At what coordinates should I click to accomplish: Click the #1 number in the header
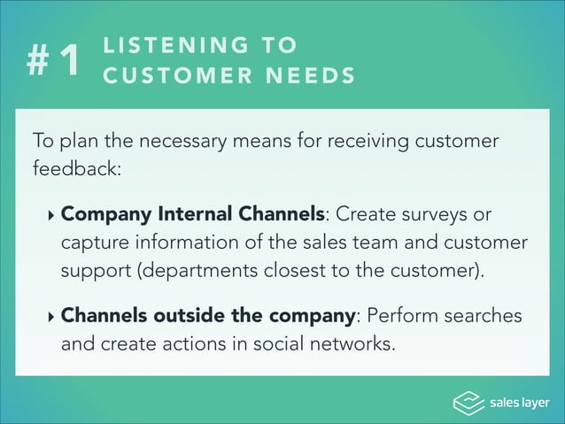[54, 60]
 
